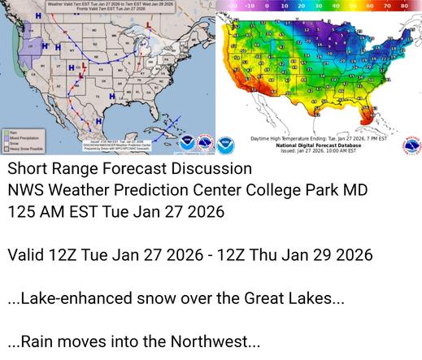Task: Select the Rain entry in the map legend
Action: coord(12,132)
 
